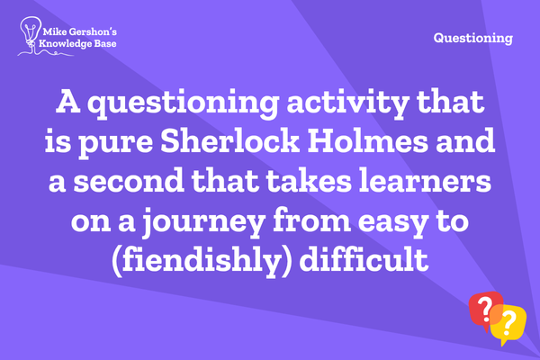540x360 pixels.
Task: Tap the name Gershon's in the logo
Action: click(93, 32)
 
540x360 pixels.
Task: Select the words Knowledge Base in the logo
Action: click(77, 44)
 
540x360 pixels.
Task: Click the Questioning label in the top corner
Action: click(473, 38)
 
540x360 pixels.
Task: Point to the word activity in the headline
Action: click(347, 103)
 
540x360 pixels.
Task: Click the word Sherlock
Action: click(229, 141)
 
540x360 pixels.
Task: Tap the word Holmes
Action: click(367, 141)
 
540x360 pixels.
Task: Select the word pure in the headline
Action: click(116, 144)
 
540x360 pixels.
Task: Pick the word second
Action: click(129, 181)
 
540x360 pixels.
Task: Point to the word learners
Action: click(425, 181)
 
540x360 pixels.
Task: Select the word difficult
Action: click(364, 258)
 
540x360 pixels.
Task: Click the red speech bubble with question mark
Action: click(486, 309)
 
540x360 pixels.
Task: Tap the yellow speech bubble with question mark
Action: click(509, 325)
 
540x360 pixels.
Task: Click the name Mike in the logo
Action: click(54, 32)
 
